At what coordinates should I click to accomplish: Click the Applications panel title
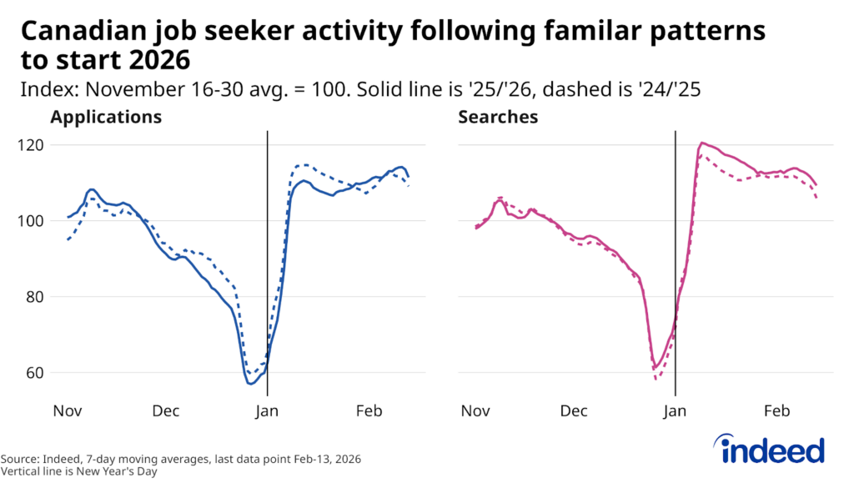106,117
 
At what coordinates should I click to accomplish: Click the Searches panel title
498,117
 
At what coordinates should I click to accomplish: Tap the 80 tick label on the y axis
31,297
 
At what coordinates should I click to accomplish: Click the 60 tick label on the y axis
31,373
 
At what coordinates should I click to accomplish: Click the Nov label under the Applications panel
66,411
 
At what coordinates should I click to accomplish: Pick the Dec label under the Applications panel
165,411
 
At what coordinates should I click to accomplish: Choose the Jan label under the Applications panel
267,411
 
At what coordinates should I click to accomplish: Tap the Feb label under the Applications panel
369,411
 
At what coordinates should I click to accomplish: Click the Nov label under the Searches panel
475,411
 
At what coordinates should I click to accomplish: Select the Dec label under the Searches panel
574,411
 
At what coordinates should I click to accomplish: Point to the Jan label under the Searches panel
675,411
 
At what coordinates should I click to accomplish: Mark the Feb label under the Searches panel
776,411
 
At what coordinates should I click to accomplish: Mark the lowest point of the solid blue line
250,383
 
